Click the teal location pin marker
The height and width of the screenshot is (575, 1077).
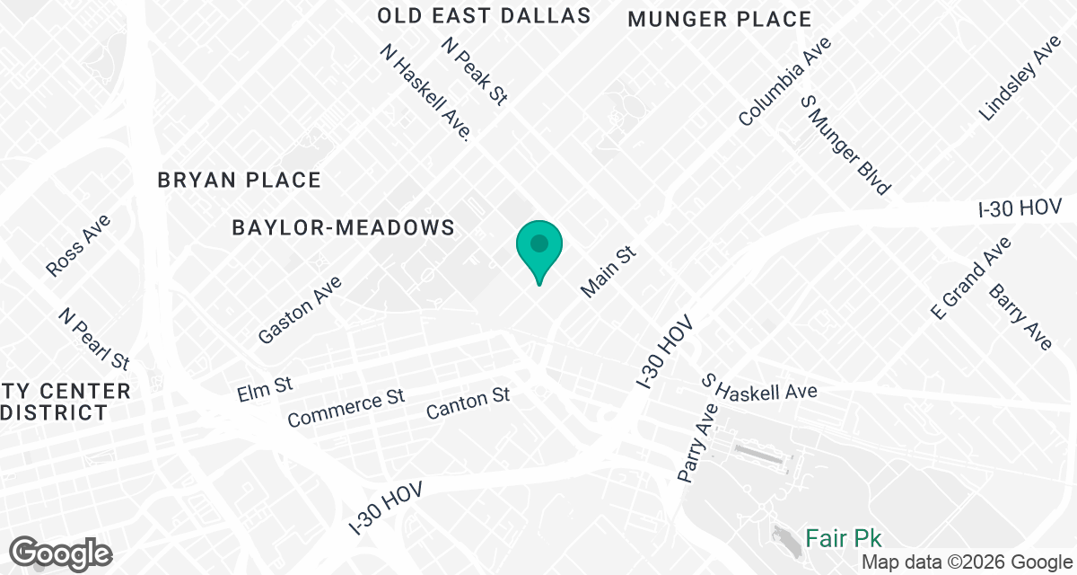(538, 246)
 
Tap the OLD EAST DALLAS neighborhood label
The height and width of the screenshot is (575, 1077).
(484, 16)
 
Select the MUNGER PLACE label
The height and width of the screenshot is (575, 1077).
(720, 19)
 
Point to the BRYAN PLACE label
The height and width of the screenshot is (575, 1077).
(239, 181)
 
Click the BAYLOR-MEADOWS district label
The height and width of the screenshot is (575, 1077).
(343, 227)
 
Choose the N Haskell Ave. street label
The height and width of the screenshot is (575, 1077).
(426, 94)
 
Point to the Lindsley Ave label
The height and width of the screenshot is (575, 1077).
(1020, 78)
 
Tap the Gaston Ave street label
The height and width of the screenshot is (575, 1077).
(300, 309)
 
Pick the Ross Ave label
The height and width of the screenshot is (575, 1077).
(78, 245)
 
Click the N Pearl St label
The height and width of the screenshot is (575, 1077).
(94, 339)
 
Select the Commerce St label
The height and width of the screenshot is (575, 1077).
(346, 408)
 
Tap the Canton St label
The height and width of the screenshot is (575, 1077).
(468, 402)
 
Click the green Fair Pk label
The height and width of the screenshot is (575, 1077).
(843, 538)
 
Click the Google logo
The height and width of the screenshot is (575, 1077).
(61, 553)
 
